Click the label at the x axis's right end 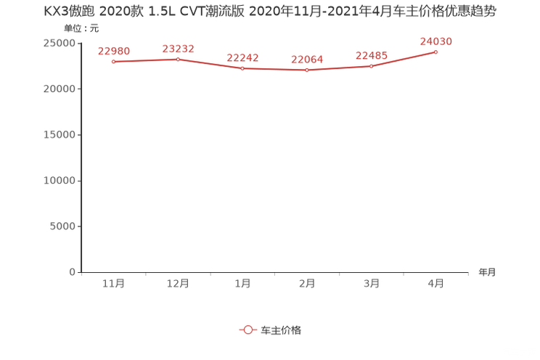coord(487,273)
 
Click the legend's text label coord(280,330)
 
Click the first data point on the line coord(113,62)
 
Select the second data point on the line coord(178,59)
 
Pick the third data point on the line coord(242,69)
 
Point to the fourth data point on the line coord(307,70)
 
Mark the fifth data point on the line coord(371,67)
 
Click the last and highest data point coord(435,52)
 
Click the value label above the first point coord(113,51)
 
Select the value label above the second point coord(178,48)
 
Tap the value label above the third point coord(242,58)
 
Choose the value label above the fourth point coord(307,60)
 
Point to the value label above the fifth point coord(371,56)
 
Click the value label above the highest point coord(435,41)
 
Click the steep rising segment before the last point coord(404,60)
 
